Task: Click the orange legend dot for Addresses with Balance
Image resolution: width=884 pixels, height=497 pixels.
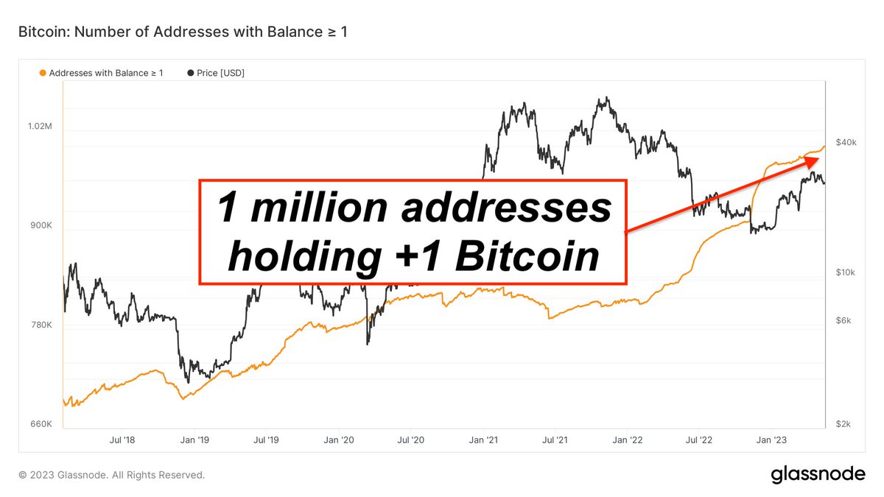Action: [x=43, y=73]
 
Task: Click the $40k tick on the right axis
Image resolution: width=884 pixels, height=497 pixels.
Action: [x=846, y=142]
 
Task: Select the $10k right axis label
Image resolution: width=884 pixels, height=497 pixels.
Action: [x=846, y=272]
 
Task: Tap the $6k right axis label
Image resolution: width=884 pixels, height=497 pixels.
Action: [x=844, y=321]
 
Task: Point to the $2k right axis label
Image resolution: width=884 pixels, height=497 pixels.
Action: [x=844, y=424]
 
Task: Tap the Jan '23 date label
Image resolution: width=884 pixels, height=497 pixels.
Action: [x=771, y=440]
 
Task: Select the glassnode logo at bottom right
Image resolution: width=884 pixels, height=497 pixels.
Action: [x=818, y=475]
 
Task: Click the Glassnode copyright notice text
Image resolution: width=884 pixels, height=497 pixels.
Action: [x=111, y=475]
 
